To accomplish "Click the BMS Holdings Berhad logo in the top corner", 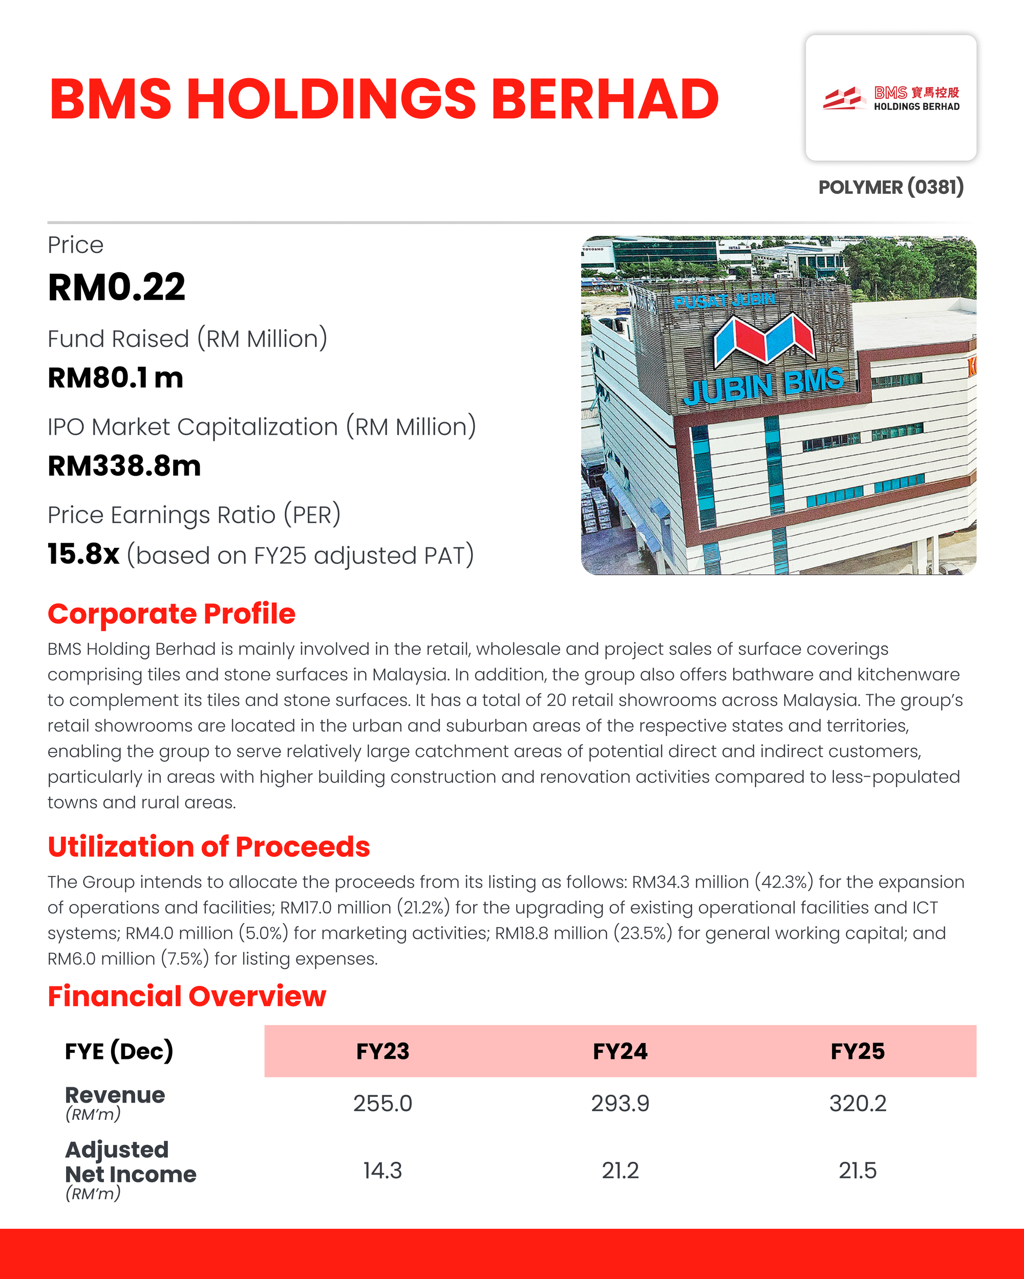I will click(x=890, y=98).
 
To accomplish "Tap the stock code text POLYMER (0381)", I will click(x=890, y=187).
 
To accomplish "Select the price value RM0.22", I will click(x=116, y=288).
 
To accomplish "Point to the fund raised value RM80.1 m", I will click(x=115, y=378).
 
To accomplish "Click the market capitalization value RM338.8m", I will click(x=124, y=466).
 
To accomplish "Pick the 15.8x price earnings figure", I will click(x=83, y=554).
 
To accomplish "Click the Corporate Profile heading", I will click(x=171, y=614).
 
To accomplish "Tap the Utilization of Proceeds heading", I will click(x=208, y=847).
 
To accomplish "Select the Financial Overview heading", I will click(x=186, y=997).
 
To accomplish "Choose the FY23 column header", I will click(x=382, y=1051).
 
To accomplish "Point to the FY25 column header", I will click(x=857, y=1051).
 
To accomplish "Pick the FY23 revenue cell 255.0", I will click(x=382, y=1104).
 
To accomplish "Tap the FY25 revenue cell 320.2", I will click(x=857, y=1104).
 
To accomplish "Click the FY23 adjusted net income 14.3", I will click(x=382, y=1171).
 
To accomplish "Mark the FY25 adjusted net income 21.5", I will click(x=857, y=1171).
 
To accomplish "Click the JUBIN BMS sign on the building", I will click(x=764, y=385).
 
